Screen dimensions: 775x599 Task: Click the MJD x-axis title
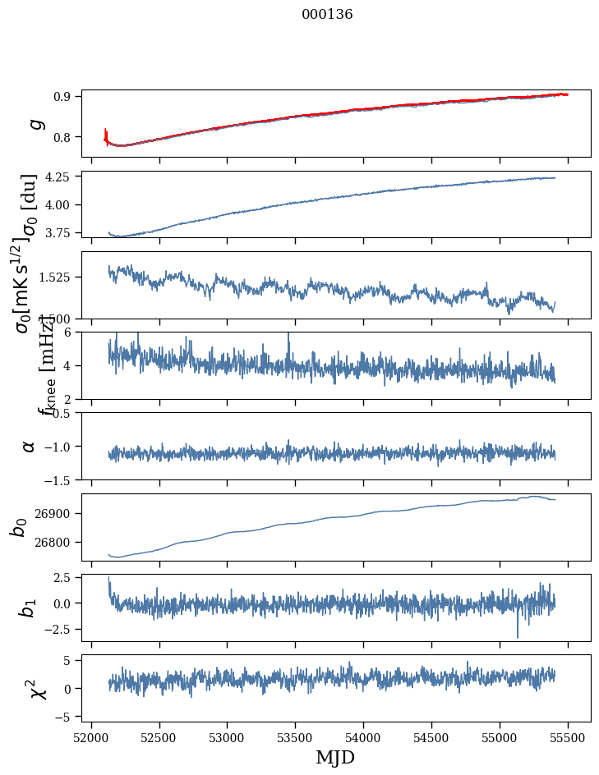[x=335, y=757]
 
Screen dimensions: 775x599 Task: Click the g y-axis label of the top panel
[x=35, y=124]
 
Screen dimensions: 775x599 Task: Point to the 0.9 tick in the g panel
[x=67, y=96]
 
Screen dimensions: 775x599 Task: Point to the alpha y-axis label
[x=30, y=446]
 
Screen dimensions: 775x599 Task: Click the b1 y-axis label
[x=29, y=608]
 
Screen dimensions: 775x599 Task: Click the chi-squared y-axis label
[x=38, y=689]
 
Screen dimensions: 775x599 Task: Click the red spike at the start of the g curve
[x=106, y=133]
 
